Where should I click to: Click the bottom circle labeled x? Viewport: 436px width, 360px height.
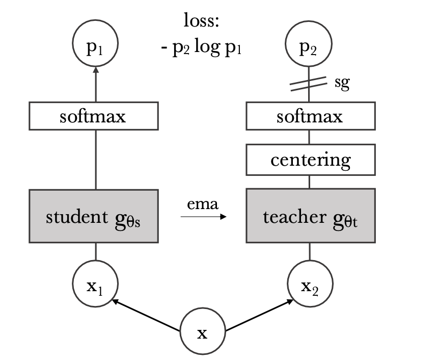point(203,333)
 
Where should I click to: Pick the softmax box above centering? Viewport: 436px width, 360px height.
point(310,116)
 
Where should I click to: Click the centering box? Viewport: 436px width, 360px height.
point(310,160)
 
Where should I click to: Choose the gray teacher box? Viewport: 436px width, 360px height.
point(310,216)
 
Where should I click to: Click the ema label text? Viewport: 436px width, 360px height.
point(203,204)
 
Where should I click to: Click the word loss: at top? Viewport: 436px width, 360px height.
point(202,21)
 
